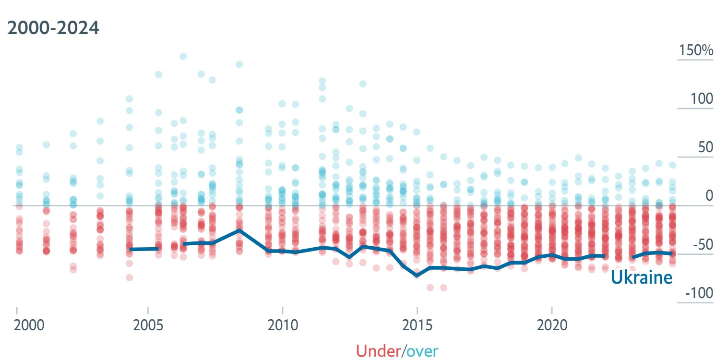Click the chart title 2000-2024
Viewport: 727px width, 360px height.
pos(53,28)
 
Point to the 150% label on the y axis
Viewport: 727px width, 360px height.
pos(695,51)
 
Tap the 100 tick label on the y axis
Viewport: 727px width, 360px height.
pos(702,99)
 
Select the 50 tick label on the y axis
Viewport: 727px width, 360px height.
pos(706,148)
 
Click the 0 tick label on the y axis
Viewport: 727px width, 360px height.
pos(709,196)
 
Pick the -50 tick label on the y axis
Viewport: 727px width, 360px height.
pos(703,245)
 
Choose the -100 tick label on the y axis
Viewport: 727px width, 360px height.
pos(699,293)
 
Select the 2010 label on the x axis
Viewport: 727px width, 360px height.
pos(283,325)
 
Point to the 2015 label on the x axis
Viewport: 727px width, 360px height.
pos(417,325)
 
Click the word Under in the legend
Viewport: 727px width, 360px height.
pos(378,351)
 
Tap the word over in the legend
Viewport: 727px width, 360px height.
pos(422,351)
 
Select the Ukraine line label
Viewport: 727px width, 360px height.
pos(641,278)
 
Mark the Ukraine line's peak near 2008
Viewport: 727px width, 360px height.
pos(239,230)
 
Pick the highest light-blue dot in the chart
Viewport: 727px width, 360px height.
pos(183,57)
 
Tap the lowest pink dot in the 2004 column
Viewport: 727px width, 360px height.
pos(129,277)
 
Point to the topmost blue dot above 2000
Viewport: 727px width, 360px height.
pos(19,147)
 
